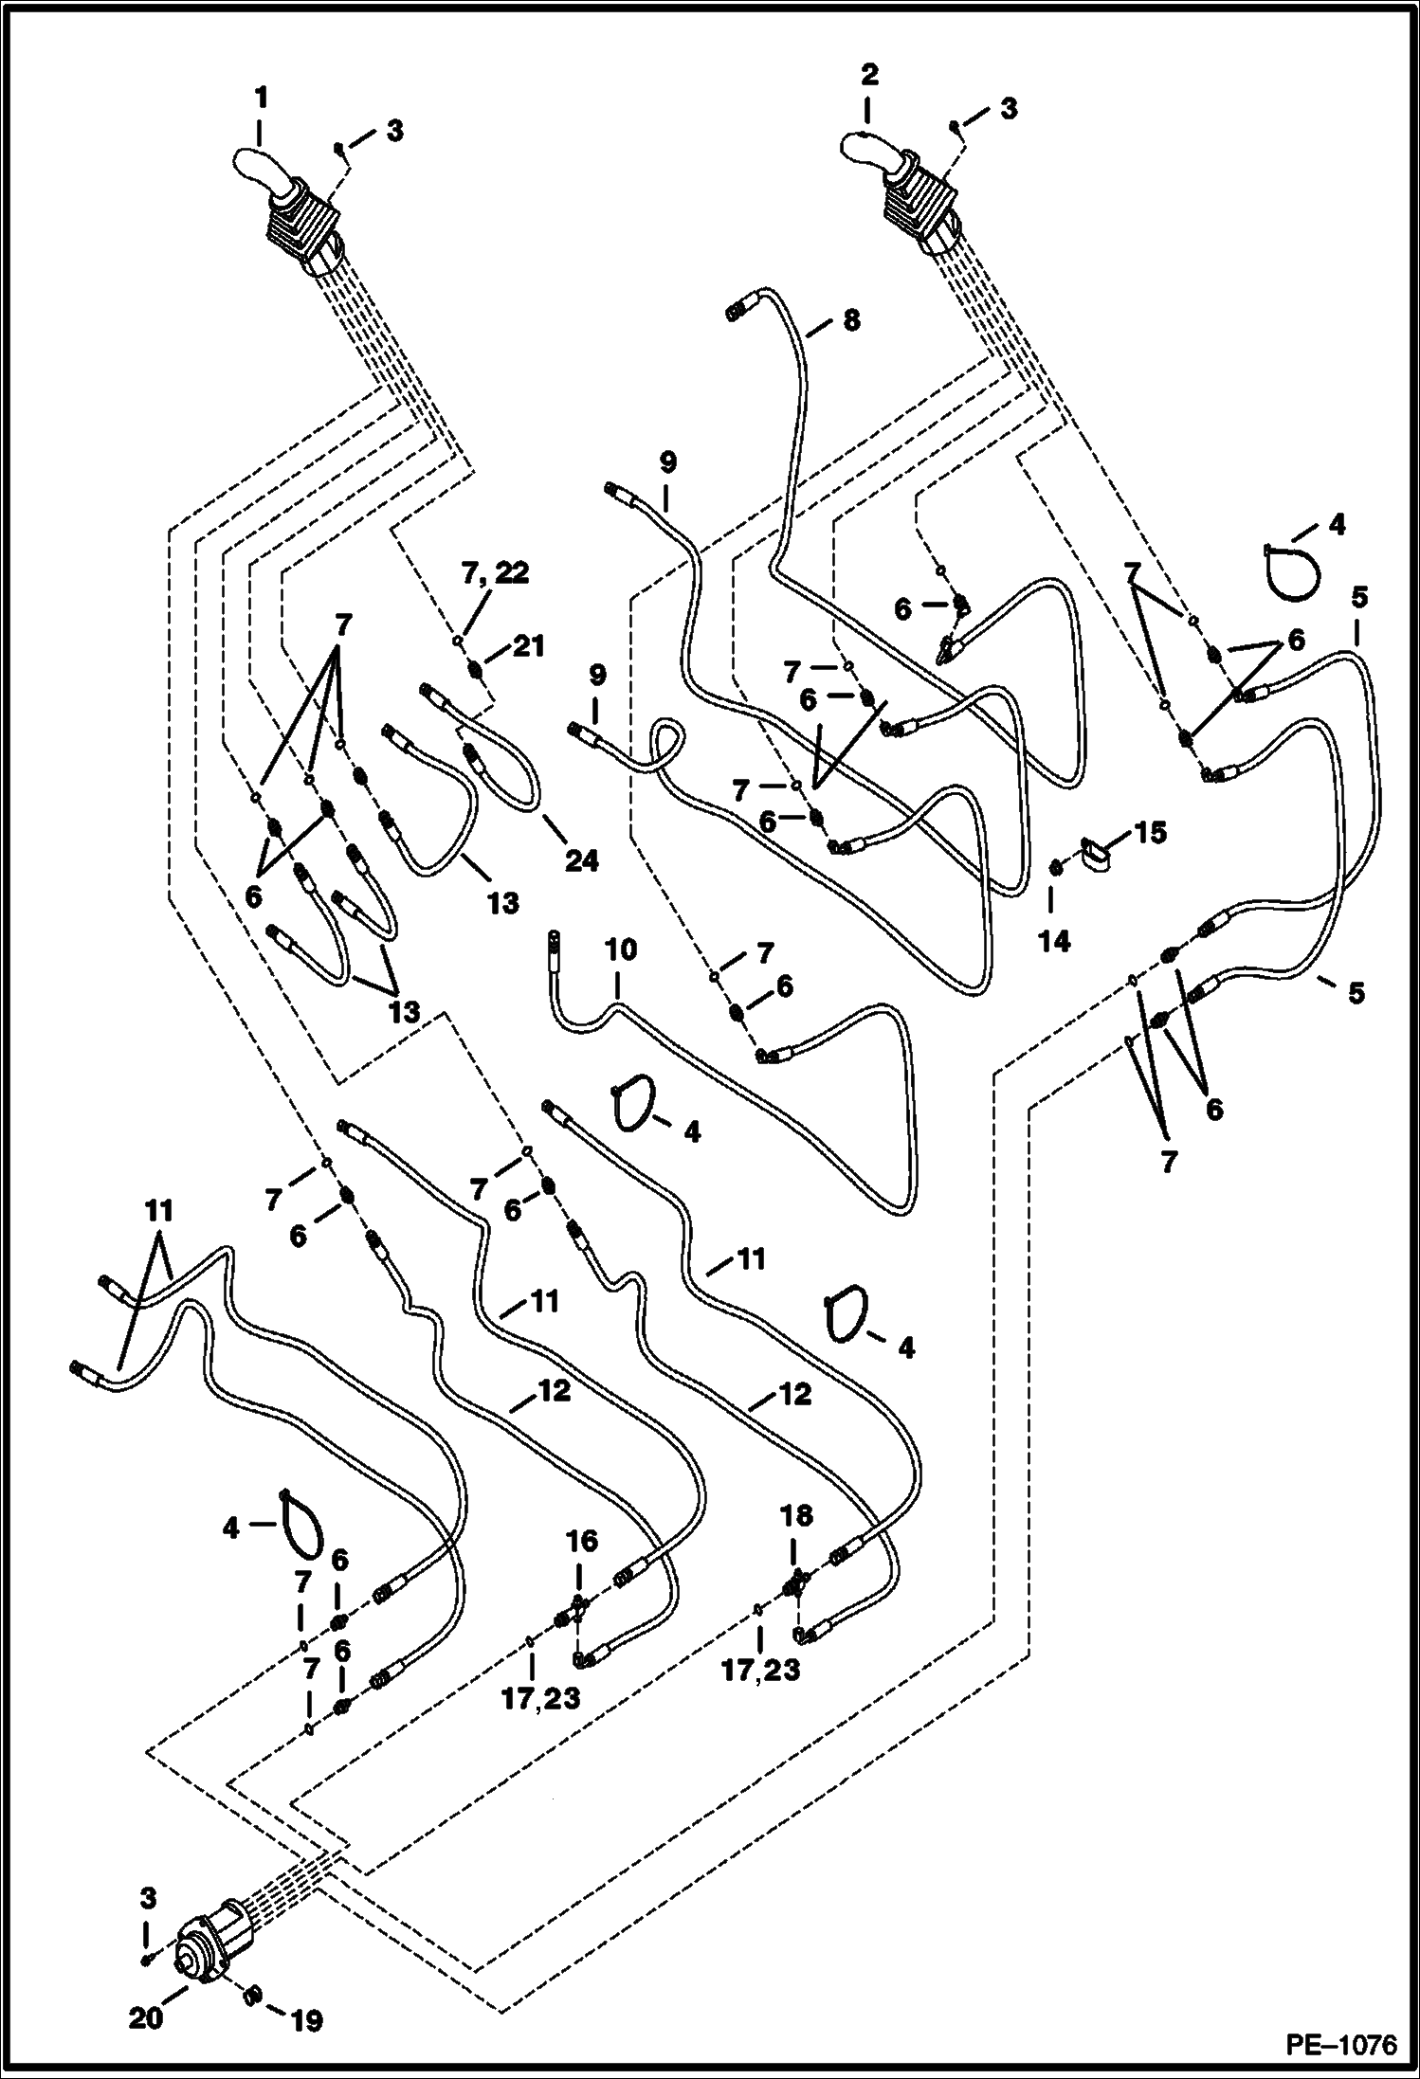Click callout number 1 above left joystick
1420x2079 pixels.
pos(261,98)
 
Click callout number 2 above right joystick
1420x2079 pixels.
pos(869,75)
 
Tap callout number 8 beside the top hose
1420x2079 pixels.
pos(851,321)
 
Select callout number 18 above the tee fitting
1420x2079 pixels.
pos(796,1517)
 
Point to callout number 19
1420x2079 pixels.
pos(306,2021)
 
